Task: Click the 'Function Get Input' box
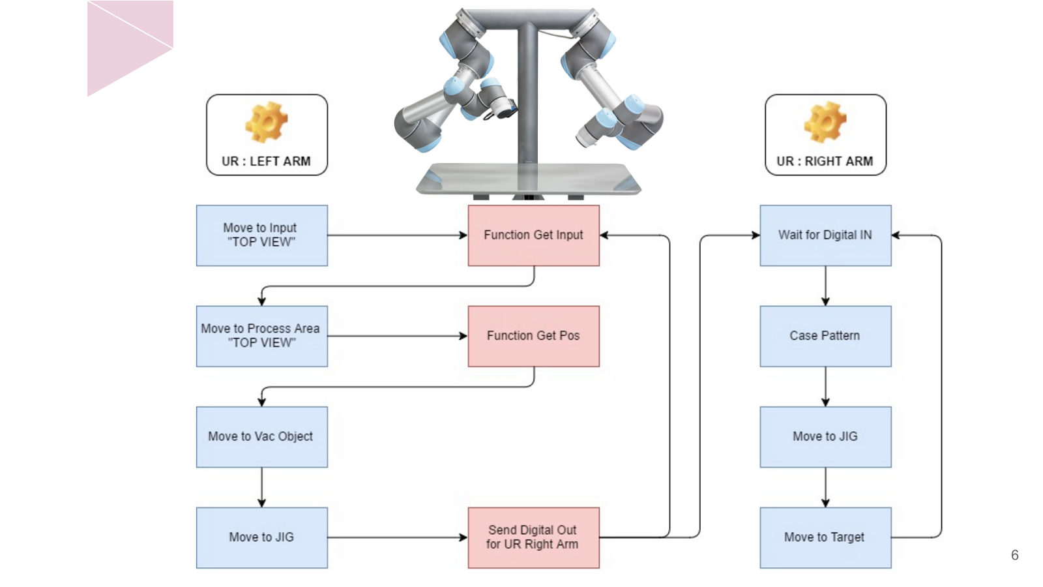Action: coord(533,235)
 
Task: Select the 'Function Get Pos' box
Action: coord(533,336)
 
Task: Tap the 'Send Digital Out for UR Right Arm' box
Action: coord(533,537)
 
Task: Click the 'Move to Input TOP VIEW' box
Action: coord(261,235)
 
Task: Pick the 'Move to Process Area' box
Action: coord(261,336)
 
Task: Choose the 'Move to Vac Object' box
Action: coord(261,436)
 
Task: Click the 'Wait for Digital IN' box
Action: coord(825,235)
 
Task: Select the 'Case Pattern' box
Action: coord(825,336)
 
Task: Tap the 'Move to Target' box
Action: coord(825,537)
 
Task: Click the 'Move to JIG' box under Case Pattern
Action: coord(825,436)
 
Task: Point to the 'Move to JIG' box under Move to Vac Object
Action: coord(261,537)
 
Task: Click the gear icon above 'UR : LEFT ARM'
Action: coord(266,123)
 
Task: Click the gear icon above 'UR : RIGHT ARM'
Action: coord(825,123)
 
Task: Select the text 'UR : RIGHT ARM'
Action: coord(825,161)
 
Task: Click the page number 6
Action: coord(1014,555)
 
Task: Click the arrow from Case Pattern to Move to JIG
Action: coord(825,386)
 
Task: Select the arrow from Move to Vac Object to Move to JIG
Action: coord(261,487)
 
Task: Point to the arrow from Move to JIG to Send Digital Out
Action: coord(398,537)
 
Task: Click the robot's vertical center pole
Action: coord(527,98)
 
